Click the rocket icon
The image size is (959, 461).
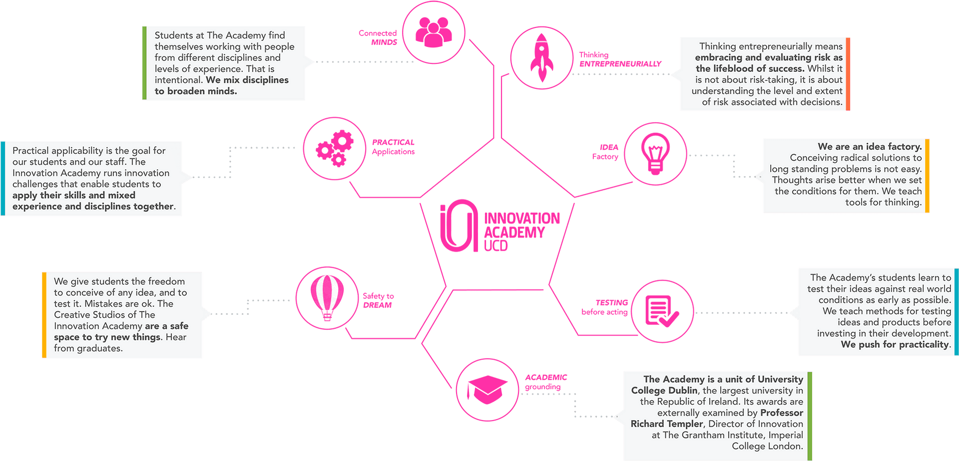[x=542, y=58]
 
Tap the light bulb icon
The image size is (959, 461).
[x=655, y=153]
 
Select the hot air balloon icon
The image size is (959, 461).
[x=327, y=297]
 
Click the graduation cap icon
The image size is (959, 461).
[x=487, y=389]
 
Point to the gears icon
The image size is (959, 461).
[x=334, y=148]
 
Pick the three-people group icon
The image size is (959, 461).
[x=433, y=33]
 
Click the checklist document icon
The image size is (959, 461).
[x=661, y=311]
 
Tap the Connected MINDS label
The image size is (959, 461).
[x=378, y=37]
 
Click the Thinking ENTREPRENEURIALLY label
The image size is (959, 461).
[x=619, y=59]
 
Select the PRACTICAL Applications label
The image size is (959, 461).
[x=393, y=147]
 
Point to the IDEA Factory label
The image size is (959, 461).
[x=605, y=152]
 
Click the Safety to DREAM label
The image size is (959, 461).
[x=378, y=300]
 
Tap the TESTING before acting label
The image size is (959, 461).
[x=605, y=307]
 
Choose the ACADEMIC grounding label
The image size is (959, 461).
[x=546, y=382]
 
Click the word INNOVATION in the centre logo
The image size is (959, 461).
[x=522, y=218]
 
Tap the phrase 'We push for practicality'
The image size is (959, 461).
[x=895, y=345]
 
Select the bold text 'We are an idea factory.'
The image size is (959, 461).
[x=870, y=146]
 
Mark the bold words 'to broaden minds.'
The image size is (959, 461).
[x=196, y=91]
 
